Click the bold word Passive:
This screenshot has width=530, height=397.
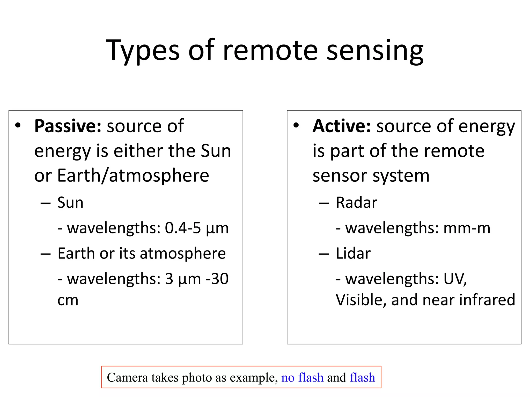pos(68,126)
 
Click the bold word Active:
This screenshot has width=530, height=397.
pos(342,126)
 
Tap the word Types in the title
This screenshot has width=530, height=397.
pos(142,50)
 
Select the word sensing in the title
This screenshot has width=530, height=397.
pos(375,50)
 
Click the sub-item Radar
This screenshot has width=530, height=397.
pos(356,202)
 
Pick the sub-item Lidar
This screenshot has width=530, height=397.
pos(353,253)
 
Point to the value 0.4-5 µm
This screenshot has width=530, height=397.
pos(197,228)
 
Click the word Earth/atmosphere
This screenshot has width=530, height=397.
pos(133,176)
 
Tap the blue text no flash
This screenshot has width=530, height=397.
pos(302,378)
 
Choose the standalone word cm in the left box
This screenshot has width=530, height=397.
pos(68,301)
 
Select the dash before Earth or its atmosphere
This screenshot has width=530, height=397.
pos(46,254)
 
